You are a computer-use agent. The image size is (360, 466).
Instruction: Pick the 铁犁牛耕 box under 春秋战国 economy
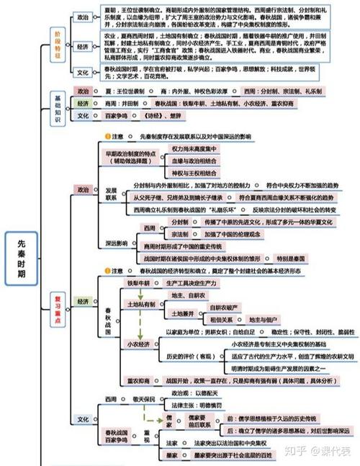pos(141,283)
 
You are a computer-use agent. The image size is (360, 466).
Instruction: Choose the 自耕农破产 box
pos(222,307)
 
